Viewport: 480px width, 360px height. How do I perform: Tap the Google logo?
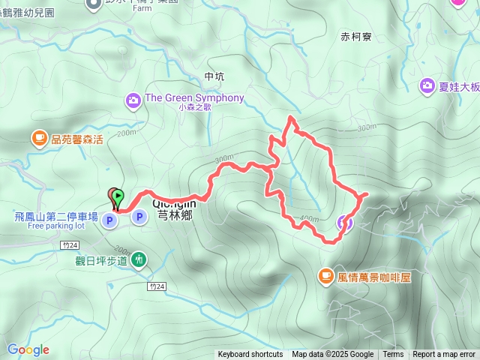(x=28, y=349)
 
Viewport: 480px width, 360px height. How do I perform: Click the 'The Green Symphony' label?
(x=194, y=98)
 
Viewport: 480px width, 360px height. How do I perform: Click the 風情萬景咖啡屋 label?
(x=374, y=277)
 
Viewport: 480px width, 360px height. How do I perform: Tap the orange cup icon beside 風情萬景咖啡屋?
(x=325, y=277)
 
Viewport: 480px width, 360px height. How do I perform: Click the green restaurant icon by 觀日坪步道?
(x=139, y=259)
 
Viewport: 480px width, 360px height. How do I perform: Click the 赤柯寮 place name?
(x=356, y=36)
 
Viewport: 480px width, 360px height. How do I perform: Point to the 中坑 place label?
(x=214, y=76)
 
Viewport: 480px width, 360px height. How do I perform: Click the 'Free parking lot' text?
(x=58, y=226)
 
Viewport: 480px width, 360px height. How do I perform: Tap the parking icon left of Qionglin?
(x=139, y=217)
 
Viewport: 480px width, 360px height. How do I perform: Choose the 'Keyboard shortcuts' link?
(x=250, y=355)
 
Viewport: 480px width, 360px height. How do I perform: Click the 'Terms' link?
(x=393, y=355)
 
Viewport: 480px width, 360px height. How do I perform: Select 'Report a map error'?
(x=444, y=355)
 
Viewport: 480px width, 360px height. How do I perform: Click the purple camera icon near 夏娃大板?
(x=427, y=86)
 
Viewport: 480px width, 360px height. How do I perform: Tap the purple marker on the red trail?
(x=344, y=221)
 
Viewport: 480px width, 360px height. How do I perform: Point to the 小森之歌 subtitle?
(x=195, y=108)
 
